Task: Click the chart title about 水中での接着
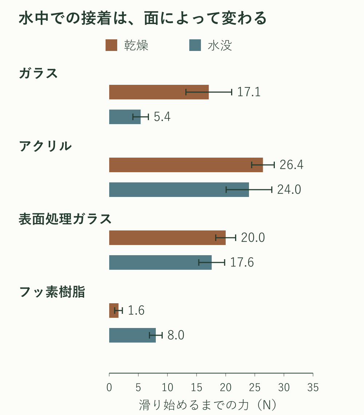coord(142,18)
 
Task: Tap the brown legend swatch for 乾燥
coord(111,45)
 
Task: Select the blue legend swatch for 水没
coord(195,45)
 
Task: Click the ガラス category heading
coord(38,73)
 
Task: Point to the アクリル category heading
coord(45,146)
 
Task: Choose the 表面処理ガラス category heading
coord(65,219)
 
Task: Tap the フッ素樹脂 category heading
coord(52,292)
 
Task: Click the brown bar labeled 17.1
coord(159,92)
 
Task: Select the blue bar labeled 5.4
coord(125,117)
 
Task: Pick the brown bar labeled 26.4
coord(186,165)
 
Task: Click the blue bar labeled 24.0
coord(179,190)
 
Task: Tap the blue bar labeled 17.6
coord(161,262)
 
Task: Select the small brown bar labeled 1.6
coord(114,311)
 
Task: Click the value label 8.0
coord(176,335)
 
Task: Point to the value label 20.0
coord(253,238)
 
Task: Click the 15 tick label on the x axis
coord(197,387)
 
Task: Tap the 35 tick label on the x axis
coord(313,387)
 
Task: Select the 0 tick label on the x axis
coord(109,387)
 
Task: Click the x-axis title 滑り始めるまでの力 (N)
coord(207,405)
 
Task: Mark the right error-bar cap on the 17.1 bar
coord(232,92)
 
